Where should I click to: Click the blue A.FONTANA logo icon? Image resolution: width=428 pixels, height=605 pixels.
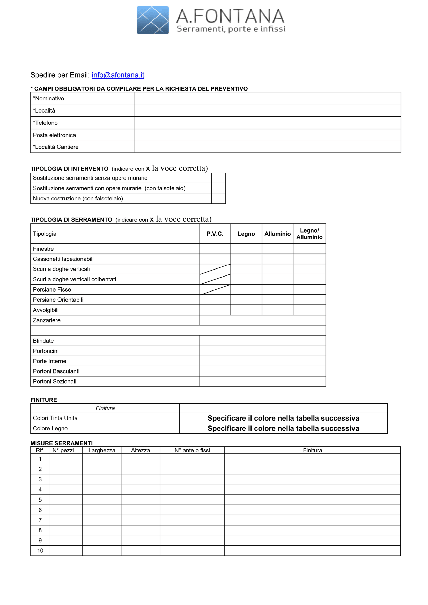[153, 20]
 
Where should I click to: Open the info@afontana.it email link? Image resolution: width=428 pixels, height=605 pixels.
[118, 75]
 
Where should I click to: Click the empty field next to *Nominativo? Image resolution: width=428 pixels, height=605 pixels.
[267, 98]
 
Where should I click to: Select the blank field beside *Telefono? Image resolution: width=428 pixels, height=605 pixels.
[267, 123]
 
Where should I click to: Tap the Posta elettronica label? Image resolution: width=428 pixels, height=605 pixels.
[54, 135]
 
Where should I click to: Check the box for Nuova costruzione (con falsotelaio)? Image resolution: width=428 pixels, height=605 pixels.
[218, 198]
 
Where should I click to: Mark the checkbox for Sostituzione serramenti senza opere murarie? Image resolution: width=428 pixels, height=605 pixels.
[218, 178]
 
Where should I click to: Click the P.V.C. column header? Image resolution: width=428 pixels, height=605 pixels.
[215, 234]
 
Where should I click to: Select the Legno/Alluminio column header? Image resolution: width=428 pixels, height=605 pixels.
[309, 234]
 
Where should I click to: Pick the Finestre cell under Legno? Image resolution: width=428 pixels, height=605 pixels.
[246, 249]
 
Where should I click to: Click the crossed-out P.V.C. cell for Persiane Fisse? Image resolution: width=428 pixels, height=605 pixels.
[215, 289]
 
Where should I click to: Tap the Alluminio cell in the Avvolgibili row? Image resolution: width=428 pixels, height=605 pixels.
[277, 310]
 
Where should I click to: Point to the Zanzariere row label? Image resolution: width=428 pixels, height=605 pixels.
[47, 320]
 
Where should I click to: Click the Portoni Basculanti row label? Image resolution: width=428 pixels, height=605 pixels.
[56, 371]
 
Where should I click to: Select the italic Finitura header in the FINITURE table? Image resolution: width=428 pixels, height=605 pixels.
[105, 408]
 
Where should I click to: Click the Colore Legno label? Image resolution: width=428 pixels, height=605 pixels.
[50, 428]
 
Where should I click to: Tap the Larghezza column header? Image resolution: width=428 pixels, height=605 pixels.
[102, 450]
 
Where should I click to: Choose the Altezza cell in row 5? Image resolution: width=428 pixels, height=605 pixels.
[141, 500]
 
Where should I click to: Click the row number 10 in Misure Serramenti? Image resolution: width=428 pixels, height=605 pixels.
[40, 550]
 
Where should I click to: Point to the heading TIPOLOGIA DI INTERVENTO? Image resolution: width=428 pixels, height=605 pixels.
[69, 169]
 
